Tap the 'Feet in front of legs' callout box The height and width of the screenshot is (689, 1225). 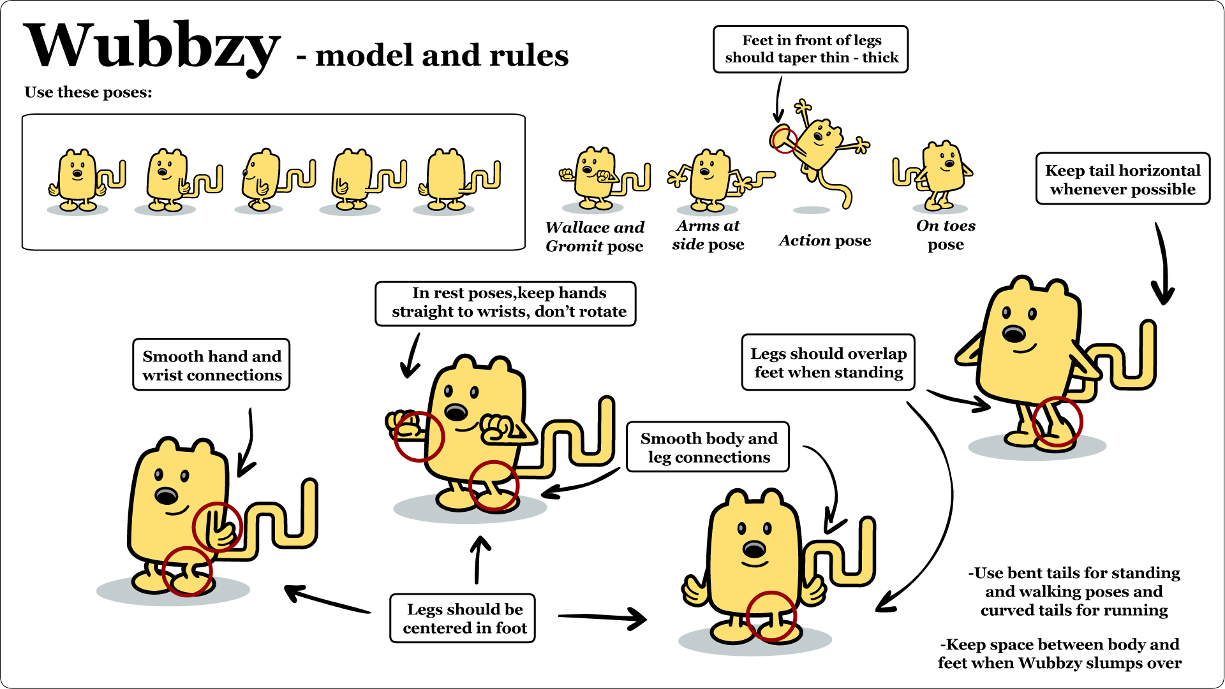pyautogui.click(x=810, y=49)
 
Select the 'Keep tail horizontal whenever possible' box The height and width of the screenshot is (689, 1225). pyautogui.click(x=1122, y=179)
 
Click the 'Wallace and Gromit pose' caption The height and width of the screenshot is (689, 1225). pyautogui.click(x=595, y=236)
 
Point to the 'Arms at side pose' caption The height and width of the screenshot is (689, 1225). pyautogui.click(x=708, y=235)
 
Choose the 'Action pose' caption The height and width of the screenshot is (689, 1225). pyautogui.click(x=824, y=240)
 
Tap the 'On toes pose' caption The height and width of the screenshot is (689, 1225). pyautogui.click(x=946, y=235)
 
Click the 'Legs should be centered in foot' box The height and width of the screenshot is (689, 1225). pyautogui.click(x=464, y=618)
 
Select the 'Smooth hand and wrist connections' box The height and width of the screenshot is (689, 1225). pyautogui.click(x=211, y=365)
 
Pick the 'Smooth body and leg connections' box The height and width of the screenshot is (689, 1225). pyautogui.click(x=708, y=447)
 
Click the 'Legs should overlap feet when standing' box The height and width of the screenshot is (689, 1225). pyautogui.click(x=828, y=363)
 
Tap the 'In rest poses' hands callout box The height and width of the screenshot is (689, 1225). pyautogui.click(x=508, y=302)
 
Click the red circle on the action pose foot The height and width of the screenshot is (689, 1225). pyautogui.click(x=784, y=140)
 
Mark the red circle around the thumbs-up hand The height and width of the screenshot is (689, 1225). pyautogui.click(x=218, y=527)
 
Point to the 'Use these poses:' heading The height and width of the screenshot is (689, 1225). pyautogui.click(x=88, y=92)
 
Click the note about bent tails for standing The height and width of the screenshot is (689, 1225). pyautogui.click(x=1074, y=591)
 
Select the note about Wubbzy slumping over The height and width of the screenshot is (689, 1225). pyautogui.click(x=1059, y=653)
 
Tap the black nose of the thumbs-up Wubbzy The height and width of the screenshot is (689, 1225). pyautogui.click(x=167, y=496)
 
